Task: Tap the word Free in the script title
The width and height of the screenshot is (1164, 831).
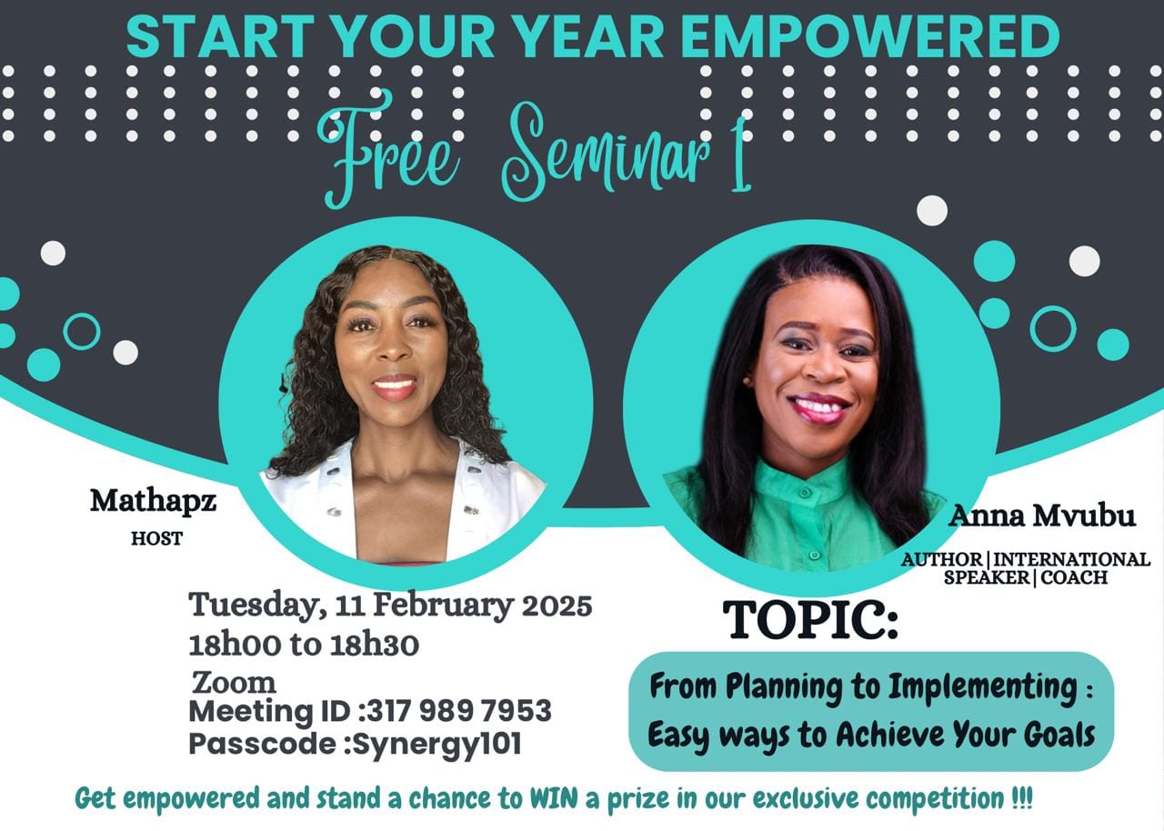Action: click(388, 150)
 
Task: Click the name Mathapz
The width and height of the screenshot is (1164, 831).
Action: click(154, 502)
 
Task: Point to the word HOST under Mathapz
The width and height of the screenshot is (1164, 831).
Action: click(157, 538)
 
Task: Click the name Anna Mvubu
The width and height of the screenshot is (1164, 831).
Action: click(1042, 516)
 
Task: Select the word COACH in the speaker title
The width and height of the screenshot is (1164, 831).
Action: click(1074, 577)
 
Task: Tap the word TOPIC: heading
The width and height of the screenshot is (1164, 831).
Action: click(810, 620)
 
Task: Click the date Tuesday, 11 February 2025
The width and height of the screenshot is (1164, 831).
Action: click(390, 606)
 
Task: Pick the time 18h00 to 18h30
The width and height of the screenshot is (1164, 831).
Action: click(304, 645)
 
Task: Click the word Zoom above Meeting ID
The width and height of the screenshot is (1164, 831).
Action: click(234, 683)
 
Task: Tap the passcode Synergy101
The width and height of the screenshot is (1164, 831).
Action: click(437, 745)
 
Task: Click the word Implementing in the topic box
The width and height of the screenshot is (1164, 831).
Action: click(983, 687)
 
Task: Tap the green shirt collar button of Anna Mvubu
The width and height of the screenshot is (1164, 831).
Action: click(805, 491)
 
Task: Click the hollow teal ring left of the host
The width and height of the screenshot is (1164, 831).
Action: click(82, 331)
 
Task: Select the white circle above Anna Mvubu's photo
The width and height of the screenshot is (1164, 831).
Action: click(932, 210)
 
